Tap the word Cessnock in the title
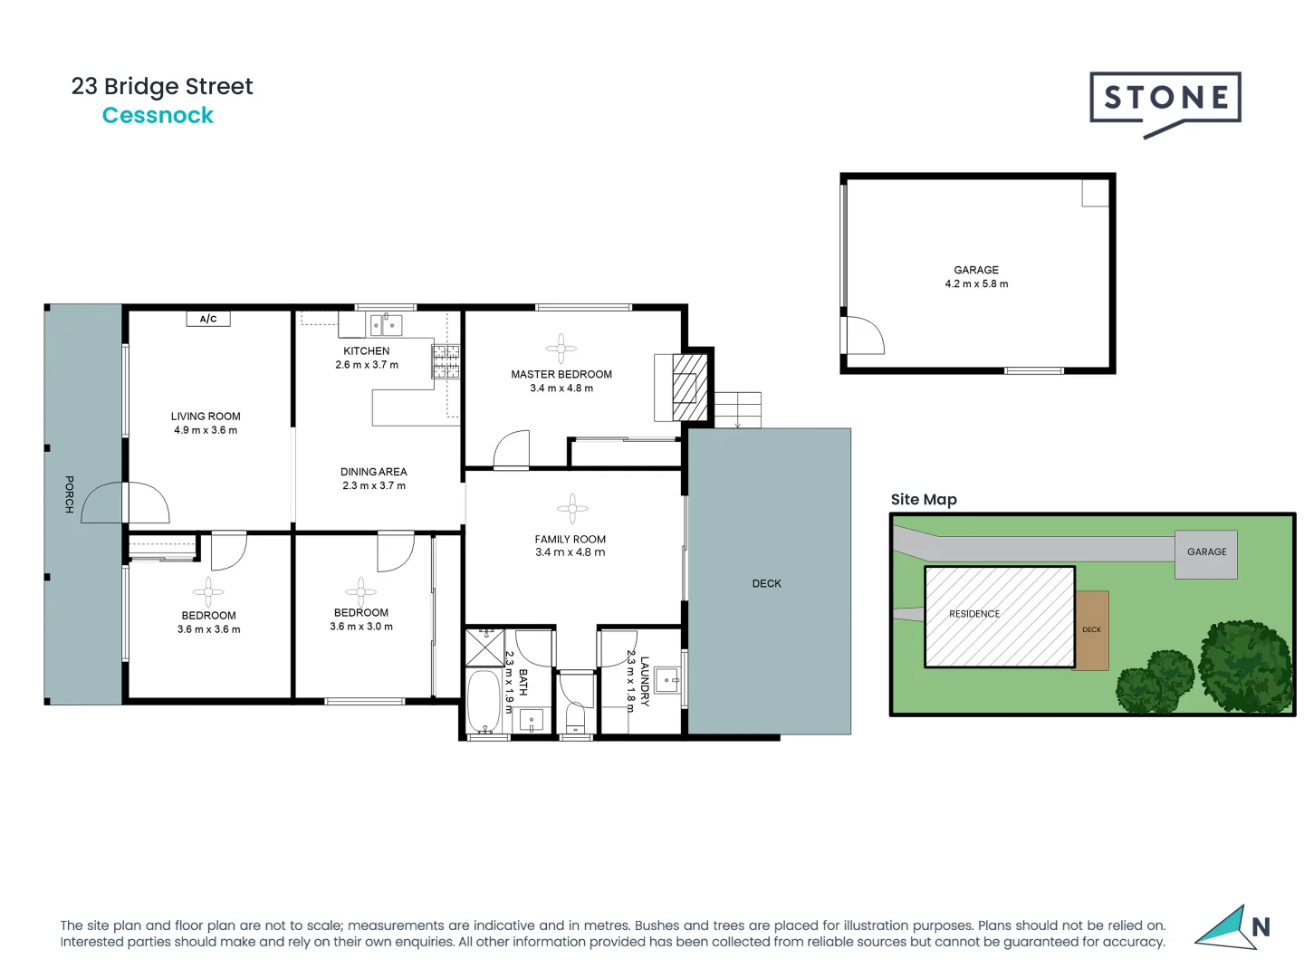point(158,116)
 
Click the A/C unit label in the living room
point(208,319)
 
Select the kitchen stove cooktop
point(446,361)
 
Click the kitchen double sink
point(386,324)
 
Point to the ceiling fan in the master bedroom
point(561,349)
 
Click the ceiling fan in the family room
point(571,509)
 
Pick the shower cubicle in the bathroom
point(484,647)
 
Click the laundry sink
point(667,679)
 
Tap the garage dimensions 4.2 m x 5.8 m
point(976,284)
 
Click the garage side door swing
point(864,335)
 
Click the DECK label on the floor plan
point(766,584)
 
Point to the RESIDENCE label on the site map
point(974,614)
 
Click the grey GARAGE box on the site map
point(1206,554)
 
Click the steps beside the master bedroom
point(738,409)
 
